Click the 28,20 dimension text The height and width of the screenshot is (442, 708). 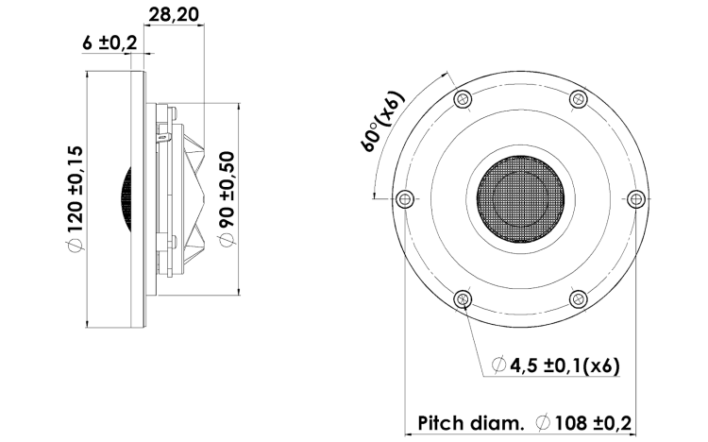click(x=175, y=16)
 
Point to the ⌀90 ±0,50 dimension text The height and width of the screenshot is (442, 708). click(x=227, y=198)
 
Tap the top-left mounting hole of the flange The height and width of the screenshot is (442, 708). click(x=462, y=99)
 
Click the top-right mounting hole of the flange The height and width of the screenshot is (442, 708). click(x=578, y=99)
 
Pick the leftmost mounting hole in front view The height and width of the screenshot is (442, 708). click(x=404, y=198)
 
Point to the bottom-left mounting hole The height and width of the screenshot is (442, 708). click(x=462, y=299)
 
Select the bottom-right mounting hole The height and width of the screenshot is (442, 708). click(x=578, y=299)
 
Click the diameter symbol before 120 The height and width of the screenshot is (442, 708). click(x=76, y=246)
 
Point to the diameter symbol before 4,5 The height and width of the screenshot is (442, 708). click(x=497, y=365)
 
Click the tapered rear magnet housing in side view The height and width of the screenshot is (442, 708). click(x=204, y=198)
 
